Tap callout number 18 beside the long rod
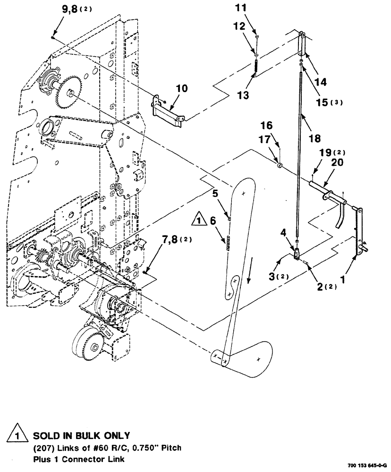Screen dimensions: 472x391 tap(313, 138)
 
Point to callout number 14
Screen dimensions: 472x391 tap(320, 82)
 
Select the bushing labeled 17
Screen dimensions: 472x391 tap(279, 165)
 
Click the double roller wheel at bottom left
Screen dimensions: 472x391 tap(85, 344)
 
